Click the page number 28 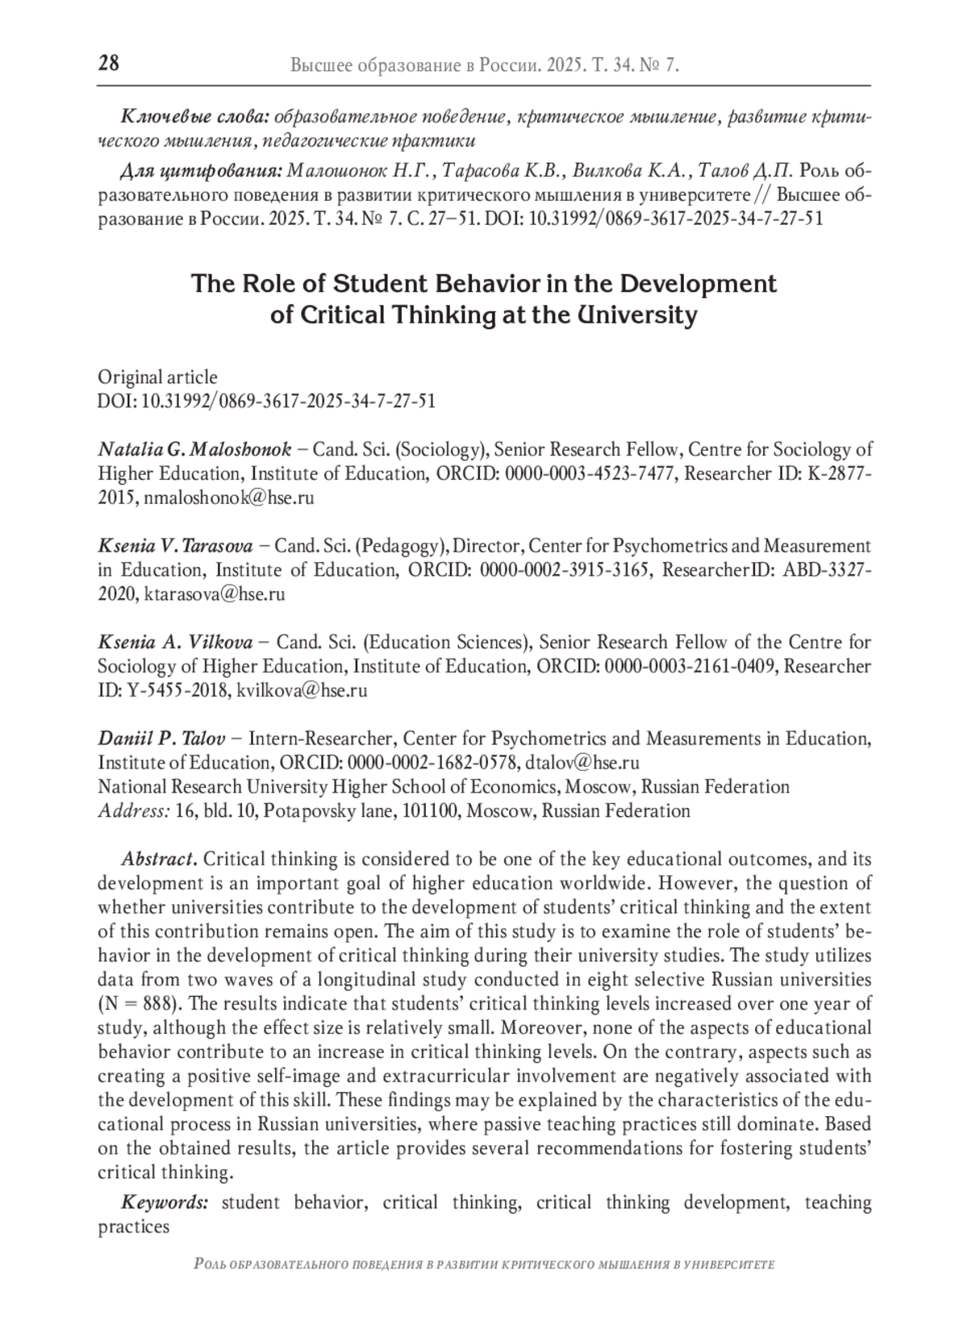click(x=108, y=64)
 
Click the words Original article click(x=157, y=377)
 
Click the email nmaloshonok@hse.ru click(x=229, y=498)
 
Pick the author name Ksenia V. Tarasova click(x=176, y=546)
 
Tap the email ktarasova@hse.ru click(x=215, y=594)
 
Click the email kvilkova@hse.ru click(x=302, y=690)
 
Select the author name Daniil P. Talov click(x=162, y=739)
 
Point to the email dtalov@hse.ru click(x=582, y=763)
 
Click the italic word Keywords click(x=165, y=1203)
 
